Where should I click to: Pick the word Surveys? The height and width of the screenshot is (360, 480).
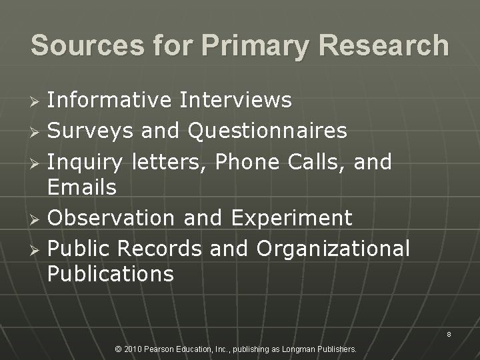(x=91, y=131)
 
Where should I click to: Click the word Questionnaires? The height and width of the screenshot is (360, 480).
(x=267, y=131)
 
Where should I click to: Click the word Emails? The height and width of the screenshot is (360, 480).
(x=82, y=187)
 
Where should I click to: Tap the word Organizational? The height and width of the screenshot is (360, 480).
(x=333, y=249)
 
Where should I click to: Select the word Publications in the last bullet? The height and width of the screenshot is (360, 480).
(x=111, y=273)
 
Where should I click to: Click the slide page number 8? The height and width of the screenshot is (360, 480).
(x=449, y=335)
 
